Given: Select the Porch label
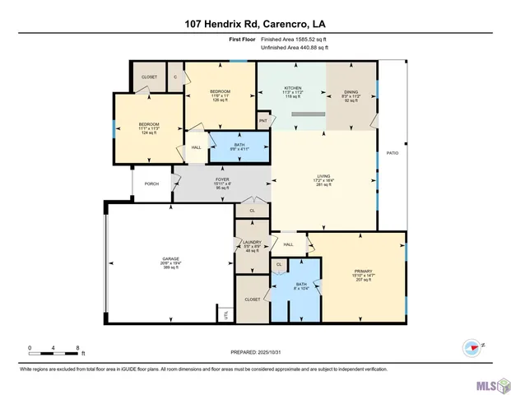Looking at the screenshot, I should pos(151,184).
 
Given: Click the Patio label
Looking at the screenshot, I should pos(393,153).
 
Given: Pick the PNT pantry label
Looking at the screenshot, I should pos(263,121).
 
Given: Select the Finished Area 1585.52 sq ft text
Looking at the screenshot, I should pos(294,39).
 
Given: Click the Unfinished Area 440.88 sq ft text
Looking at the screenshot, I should pos(294,48).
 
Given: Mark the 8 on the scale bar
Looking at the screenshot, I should pos(77,348).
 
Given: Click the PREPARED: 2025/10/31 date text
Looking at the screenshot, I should pos(256,352).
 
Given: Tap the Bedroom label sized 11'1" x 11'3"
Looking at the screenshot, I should pos(148,128).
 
